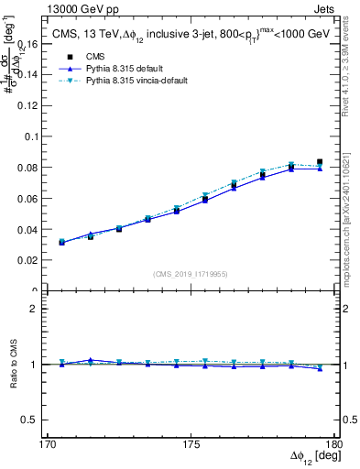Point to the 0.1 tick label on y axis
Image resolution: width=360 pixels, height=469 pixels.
[35, 136]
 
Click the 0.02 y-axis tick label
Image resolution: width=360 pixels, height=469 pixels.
[31, 260]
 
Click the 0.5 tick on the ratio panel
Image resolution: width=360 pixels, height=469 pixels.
[35, 420]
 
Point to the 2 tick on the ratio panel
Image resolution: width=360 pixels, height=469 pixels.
[39, 309]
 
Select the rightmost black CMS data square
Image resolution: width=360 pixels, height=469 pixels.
[320, 162]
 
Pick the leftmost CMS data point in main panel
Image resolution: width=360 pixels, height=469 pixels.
[61, 243]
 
